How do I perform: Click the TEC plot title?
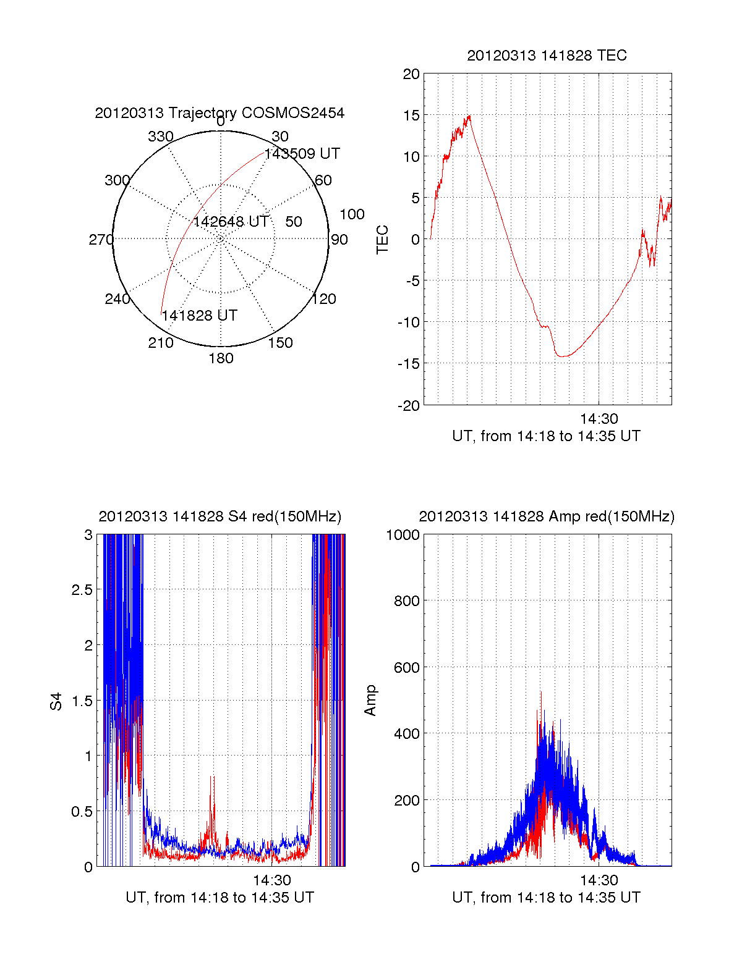click(547, 56)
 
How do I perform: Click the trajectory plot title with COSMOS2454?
click(220, 113)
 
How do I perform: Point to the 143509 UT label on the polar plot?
click(302, 154)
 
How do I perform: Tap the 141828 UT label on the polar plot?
click(199, 316)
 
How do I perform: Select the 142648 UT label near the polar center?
click(231, 222)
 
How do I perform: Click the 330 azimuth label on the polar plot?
click(160, 137)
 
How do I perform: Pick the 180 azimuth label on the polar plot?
click(221, 358)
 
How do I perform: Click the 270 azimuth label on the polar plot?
click(101, 240)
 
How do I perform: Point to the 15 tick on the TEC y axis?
click(411, 116)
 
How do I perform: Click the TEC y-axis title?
click(383, 240)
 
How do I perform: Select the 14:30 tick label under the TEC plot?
click(599, 419)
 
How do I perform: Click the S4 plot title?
click(220, 516)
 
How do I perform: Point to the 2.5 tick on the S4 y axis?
click(82, 590)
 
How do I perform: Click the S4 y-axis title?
click(56, 701)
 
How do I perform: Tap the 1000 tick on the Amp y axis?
click(403, 535)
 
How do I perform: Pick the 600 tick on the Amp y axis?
click(406, 668)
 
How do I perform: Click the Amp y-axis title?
click(370, 701)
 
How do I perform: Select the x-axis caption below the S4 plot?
click(220, 898)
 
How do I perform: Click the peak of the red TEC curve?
click(469, 116)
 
